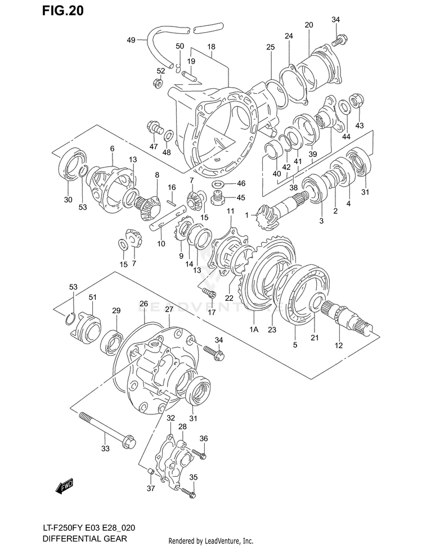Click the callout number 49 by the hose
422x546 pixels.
(x=131, y=40)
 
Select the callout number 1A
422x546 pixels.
(x=253, y=330)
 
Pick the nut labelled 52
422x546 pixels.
(x=158, y=84)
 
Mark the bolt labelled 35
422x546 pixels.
(x=188, y=493)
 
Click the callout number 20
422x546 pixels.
(x=308, y=25)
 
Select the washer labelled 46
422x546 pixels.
(x=218, y=184)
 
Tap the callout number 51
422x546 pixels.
(x=92, y=297)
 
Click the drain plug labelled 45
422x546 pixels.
(x=217, y=197)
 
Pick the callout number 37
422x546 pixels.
(x=150, y=488)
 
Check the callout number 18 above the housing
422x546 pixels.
(x=211, y=47)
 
